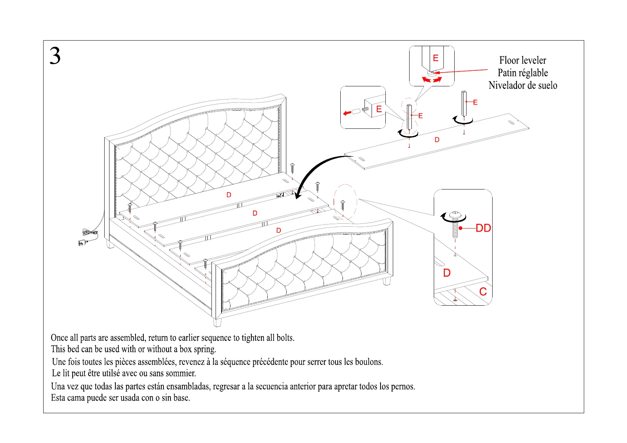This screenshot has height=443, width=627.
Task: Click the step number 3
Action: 55,56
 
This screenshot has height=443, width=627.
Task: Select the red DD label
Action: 483,228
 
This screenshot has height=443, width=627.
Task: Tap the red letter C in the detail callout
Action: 483,291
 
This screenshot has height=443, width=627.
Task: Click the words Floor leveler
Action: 522,60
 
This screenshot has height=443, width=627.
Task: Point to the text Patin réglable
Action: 522,73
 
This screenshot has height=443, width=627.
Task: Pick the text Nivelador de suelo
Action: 522,86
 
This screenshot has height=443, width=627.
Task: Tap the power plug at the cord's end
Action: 82,243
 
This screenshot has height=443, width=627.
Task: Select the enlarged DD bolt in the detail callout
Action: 455,224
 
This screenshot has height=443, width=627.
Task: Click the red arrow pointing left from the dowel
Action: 347,113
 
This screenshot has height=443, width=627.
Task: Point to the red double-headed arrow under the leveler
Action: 432,80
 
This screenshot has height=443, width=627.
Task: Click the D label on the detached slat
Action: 437,140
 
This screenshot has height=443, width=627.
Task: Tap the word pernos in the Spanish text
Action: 403,386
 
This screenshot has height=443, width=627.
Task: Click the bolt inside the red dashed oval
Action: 343,205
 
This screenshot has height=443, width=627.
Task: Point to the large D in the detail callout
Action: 447,273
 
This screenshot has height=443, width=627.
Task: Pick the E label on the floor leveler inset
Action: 436,58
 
